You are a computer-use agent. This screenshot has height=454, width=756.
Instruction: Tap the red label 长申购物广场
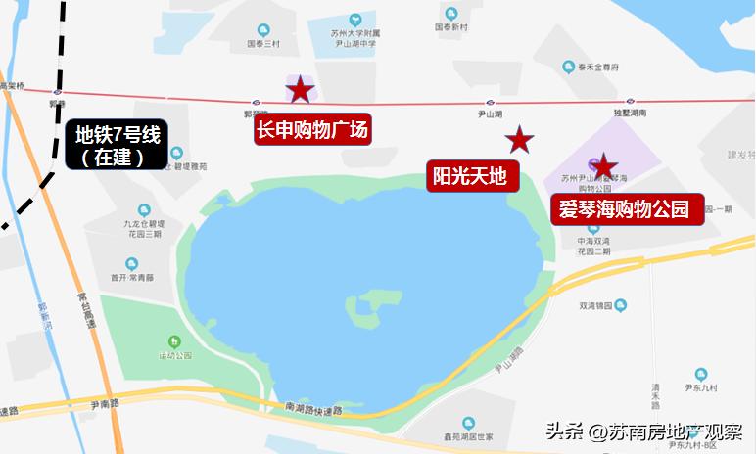pos(312,130)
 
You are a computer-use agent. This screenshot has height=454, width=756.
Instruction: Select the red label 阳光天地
pos(469,176)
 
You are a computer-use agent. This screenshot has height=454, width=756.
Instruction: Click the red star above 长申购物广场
pos(299,92)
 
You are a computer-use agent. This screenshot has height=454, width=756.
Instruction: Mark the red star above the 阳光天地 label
pos(520,141)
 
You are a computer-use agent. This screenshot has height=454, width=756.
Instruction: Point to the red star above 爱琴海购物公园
pos(604,166)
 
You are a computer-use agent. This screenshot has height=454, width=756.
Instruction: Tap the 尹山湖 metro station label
pos(490,114)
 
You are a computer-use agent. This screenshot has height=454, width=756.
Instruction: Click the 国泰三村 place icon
pos(263,30)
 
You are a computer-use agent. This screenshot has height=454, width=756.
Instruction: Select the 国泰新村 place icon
pos(451,14)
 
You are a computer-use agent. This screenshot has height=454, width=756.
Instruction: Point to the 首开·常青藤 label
pos(132,278)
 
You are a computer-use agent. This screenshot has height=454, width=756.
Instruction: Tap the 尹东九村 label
pos(701,387)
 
